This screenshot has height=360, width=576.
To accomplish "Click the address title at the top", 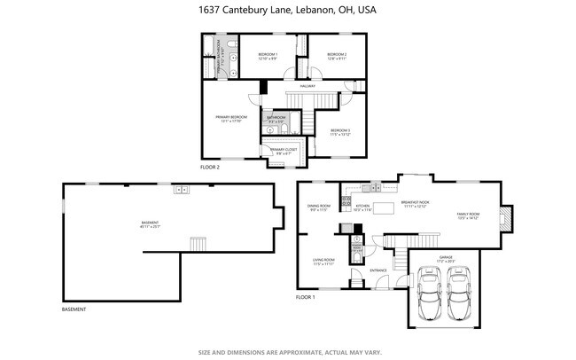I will tap(287, 11).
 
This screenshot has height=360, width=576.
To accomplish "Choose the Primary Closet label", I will tap(284, 151).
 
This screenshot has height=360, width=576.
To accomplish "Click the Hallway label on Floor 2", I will tap(307, 86).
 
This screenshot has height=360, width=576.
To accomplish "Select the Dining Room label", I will tap(319, 208).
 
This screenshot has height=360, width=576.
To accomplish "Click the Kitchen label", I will tap(362, 208).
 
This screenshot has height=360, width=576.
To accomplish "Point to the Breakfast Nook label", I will tap(415, 203).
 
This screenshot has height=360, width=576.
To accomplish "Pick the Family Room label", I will tap(467, 215).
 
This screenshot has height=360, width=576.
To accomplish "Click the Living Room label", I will tap(323, 262).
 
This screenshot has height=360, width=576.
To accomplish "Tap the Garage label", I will tap(446, 261).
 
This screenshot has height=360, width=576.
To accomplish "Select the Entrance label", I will tap(378, 270).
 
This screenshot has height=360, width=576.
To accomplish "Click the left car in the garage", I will tap(430, 296).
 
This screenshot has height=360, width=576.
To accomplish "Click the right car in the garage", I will tap(460, 296).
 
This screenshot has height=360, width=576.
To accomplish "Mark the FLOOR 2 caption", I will tap(209, 167).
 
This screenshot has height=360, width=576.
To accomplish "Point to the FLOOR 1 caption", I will tap(305, 297).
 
